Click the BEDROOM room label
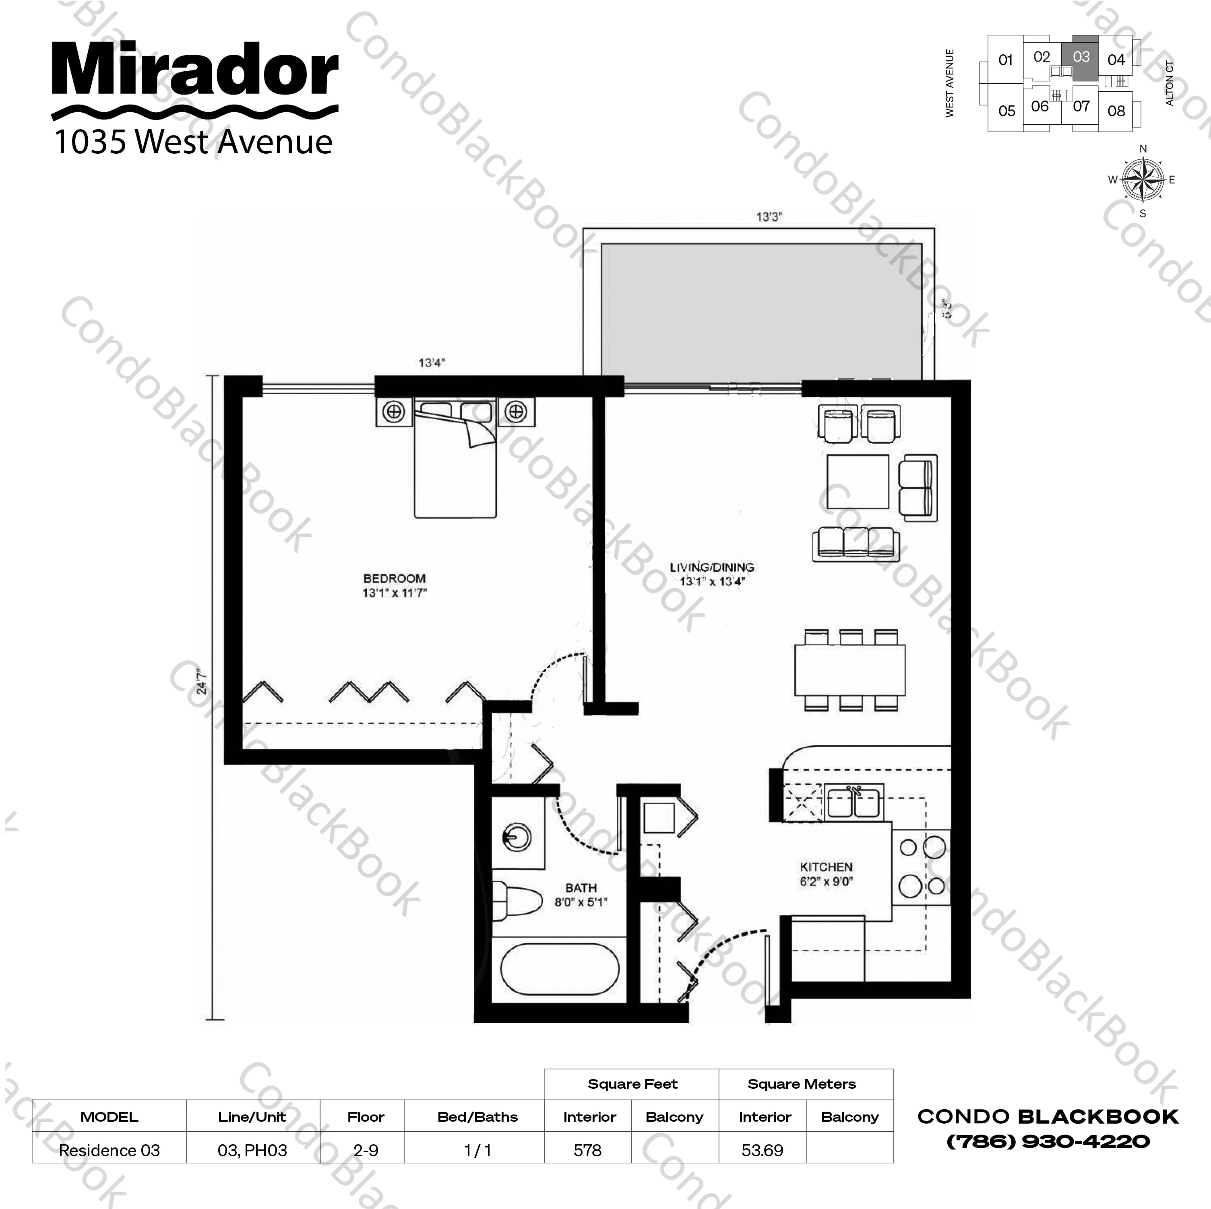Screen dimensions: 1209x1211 tap(394, 579)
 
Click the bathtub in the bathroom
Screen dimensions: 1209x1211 tap(559, 969)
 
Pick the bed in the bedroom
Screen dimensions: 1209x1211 tap(455, 463)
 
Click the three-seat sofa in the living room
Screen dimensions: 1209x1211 tap(856, 542)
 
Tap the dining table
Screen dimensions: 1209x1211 tap(850, 670)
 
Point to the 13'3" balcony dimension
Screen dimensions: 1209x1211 tap(769, 217)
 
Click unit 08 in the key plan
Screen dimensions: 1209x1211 tap(1116, 111)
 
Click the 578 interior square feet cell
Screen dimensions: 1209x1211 tap(587, 1150)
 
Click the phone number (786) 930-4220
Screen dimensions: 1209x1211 tap(1048, 1141)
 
